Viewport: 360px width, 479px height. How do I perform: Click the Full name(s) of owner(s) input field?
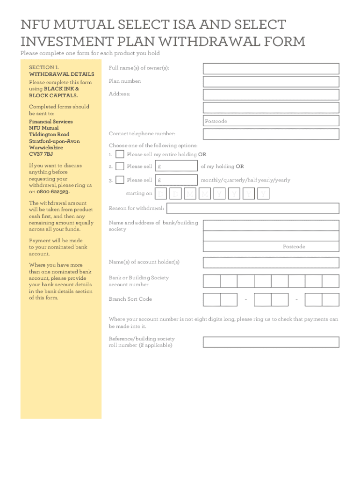pos(271,69)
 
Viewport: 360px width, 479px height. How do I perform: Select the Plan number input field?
pos(271,81)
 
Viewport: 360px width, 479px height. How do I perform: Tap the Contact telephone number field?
pos(271,134)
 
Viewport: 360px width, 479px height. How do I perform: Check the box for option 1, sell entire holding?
pos(120,154)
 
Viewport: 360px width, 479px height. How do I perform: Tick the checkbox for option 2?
pos(120,166)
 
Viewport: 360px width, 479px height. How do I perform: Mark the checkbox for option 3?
pos(120,180)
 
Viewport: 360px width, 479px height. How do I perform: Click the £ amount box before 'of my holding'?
pos(176,166)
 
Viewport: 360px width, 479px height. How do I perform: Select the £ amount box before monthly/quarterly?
pos(176,180)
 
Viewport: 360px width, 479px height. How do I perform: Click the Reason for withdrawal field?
pos(252,208)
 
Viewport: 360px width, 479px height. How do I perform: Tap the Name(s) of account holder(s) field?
pos(271,262)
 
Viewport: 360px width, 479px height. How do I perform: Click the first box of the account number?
pos(211,281)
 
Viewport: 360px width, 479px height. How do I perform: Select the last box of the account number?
pos(331,281)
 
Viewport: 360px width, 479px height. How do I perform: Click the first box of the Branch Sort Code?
pos(211,299)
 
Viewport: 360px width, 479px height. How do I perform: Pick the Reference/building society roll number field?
pos(271,342)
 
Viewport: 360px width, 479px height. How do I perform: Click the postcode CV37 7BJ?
pos(41,154)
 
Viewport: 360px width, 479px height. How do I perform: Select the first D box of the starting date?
pos(161,194)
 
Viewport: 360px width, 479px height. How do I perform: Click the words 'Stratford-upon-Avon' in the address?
pos(54,141)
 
